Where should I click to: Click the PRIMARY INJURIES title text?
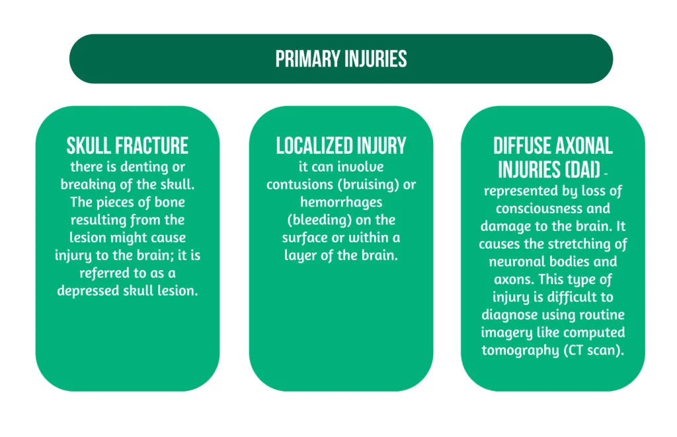(x=340, y=59)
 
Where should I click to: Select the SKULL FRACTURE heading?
(x=128, y=145)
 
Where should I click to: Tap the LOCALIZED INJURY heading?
(x=340, y=145)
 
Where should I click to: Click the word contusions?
(x=299, y=185)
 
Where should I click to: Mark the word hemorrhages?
(x=340, y=203)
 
